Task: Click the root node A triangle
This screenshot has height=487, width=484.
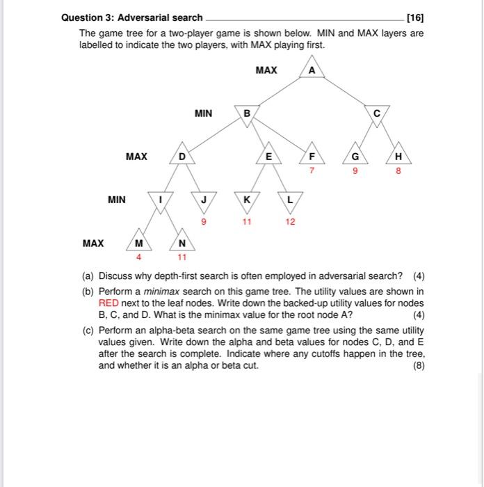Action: [x=311, y=70]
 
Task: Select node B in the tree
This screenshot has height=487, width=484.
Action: [x=246, y=113]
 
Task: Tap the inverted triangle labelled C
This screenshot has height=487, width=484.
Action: [x=377, y=113]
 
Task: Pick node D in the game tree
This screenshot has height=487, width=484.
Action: [x=181, y=157]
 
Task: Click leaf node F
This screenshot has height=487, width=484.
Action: [x=312, y=157]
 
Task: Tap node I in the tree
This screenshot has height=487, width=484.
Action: [x=161, y=200]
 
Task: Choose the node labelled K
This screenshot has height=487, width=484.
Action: [x=246, y=200]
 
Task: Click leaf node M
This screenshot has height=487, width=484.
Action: [x=139, y=243]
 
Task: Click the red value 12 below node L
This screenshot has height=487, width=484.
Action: [x=290, y=222]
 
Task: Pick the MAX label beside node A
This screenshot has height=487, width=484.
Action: [x=266, y=70]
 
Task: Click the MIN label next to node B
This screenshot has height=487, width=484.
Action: [x=204, y=113]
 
